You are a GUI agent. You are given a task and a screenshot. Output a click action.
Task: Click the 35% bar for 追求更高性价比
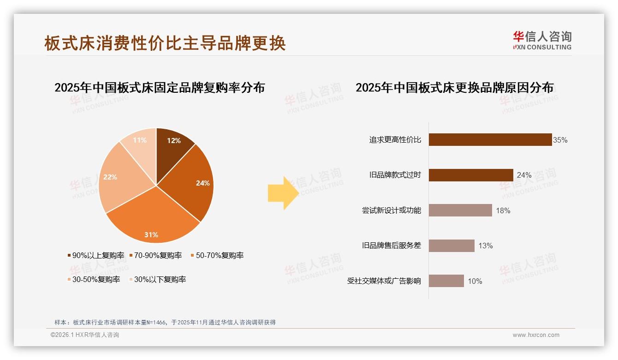(x=490, y=140)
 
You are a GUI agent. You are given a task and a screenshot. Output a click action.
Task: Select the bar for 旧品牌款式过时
(x=470, y=175)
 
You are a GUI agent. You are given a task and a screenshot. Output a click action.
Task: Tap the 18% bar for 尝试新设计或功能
(x=460, y=210)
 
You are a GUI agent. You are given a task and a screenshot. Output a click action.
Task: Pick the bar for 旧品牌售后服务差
(x=451, y=246)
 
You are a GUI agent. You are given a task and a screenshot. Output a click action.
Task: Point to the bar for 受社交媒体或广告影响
(x=446, y=281)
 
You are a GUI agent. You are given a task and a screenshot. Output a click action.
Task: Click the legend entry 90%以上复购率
(x=96, y=255)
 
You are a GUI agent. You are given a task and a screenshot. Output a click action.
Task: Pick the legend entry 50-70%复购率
(x=216, y=255)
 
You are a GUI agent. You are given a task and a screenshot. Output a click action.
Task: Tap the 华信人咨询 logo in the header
(x=542, y=40)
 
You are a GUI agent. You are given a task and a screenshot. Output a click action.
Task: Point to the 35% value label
(x=560, y=140)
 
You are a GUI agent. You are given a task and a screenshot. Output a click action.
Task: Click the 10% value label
(x=475, y=281)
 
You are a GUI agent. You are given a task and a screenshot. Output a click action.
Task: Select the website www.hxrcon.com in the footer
(x=536, y=335)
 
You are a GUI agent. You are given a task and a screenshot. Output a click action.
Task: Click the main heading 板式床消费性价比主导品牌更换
(x=165, y=43)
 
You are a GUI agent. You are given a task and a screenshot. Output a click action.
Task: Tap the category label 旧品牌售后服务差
(x=392, y=246)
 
